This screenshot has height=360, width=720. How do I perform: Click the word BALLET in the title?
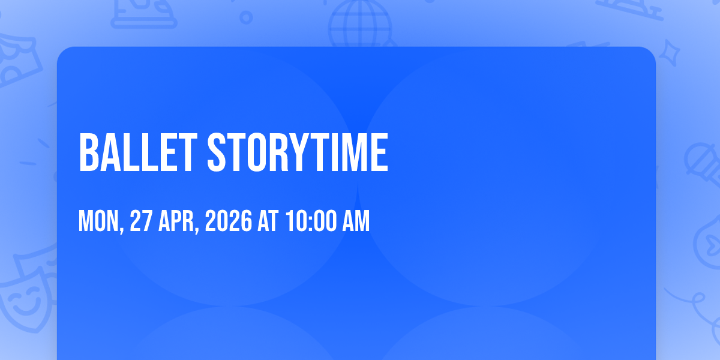[x=138, y=152]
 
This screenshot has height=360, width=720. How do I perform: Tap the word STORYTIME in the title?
[x=298, y=152]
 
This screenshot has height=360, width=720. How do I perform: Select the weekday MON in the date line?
[x=98, y=221]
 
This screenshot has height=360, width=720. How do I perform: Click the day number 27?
[x=141, y=221]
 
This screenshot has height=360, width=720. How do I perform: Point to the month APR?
[x=176, y=221]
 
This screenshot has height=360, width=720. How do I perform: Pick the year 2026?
[x=229, y=221]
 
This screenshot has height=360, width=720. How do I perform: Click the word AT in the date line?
[x=268, y=221]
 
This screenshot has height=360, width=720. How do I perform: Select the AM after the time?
[x=356, y=221]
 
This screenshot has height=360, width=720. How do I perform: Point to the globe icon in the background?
[x=360, y=23]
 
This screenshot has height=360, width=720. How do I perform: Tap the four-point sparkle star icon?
[x=669, y=53]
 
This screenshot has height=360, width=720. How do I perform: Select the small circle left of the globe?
[x=246, y=17]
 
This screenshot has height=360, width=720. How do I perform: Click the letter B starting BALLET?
[x=88, y=152]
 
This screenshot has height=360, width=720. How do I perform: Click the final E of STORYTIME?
[x=380, y=152]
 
